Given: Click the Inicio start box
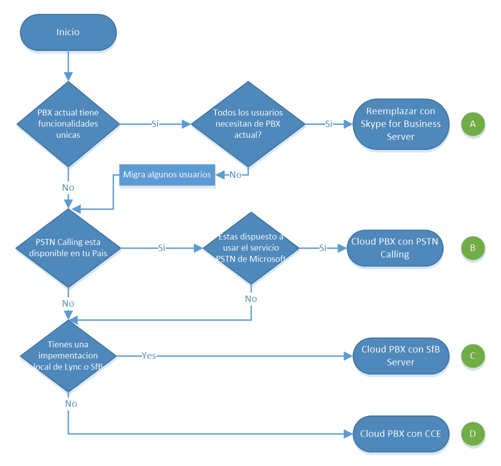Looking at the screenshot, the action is [68, 32].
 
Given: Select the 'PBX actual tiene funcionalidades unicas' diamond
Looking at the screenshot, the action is [68, 124].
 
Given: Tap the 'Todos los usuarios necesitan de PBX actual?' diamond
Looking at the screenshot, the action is [248, 124].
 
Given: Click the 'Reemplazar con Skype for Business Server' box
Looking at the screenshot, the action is [401, 124].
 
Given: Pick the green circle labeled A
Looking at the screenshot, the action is [473, 124].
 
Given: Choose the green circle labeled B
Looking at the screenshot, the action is [473, 248].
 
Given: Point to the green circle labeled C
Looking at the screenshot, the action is [473, 356].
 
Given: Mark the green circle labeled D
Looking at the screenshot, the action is [473, 433].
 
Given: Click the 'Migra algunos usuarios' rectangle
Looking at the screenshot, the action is [167, 175].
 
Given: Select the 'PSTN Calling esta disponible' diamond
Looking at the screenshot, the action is [68, 248].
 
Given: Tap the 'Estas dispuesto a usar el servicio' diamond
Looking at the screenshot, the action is [251, 248].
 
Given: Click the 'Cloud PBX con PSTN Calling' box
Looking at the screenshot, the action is [395, 248].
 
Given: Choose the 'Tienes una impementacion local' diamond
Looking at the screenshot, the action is [68, 356].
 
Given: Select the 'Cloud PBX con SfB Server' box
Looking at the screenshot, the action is [401, 356].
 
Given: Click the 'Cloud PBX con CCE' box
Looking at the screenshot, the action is [401, 433].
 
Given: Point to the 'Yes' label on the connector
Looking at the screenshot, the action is [149, 355].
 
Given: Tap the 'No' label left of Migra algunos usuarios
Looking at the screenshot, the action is [235, 175].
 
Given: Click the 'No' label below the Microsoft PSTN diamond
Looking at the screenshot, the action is [251, 299].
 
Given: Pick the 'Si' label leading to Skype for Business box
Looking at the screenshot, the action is [329, 123].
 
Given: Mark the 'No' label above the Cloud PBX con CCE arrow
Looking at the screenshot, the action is [71, 403].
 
